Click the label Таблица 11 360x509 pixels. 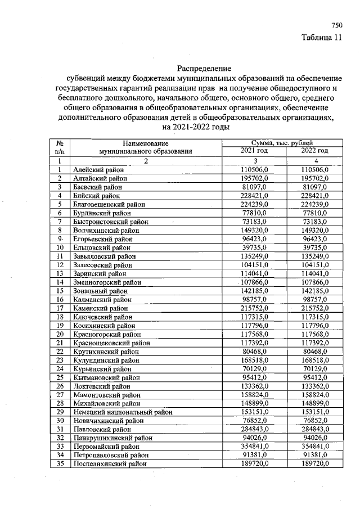point(322,38)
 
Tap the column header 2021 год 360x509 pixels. point(254,151)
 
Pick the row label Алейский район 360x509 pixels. point(98,169)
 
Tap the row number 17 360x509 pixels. point(59,308)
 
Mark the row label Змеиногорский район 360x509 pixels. point(107,282)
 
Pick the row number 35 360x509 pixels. point(59,463)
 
